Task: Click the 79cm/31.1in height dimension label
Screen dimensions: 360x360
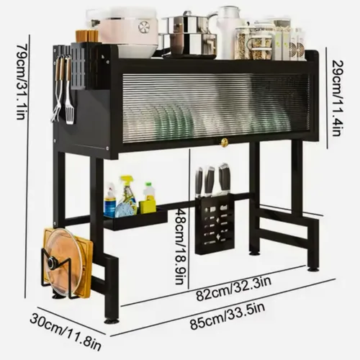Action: coord(21,81)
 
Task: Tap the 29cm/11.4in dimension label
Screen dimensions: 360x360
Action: coord(338,98)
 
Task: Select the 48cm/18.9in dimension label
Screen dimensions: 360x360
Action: coord(179,246)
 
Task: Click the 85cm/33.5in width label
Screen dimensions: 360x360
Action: coord(228,316)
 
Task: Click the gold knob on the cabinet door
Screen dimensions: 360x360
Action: coord(224,143)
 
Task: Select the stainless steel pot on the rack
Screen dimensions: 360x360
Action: coord(189,36)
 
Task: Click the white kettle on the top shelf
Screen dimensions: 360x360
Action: coord(228,32)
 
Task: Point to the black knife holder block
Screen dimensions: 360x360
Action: coord(215,225)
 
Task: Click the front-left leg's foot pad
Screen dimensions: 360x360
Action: coord(111,320)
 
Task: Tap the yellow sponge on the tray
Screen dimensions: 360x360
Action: coord(147,207)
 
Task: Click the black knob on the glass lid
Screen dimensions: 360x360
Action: coord(52,264)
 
